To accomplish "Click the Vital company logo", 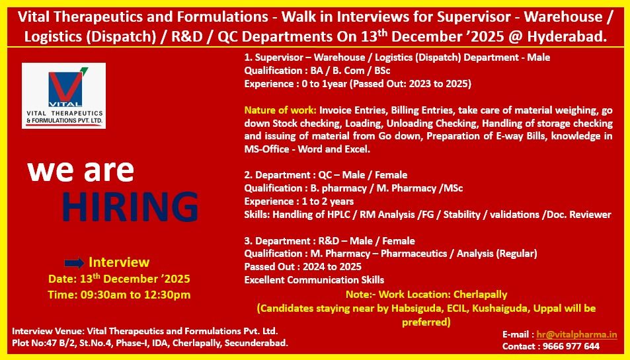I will pos(63,95).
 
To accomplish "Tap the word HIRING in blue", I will pos(130,206).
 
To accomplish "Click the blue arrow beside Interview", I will pos(75,263).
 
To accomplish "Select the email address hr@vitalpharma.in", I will pos(576,335).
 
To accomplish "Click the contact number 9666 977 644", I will pos(571,346).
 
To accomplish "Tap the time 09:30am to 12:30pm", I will pos(119,295).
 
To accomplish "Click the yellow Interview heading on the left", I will pos(119,262).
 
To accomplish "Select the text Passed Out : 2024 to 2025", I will pos(303,267).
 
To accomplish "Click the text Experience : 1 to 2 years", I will pos(299,201).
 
